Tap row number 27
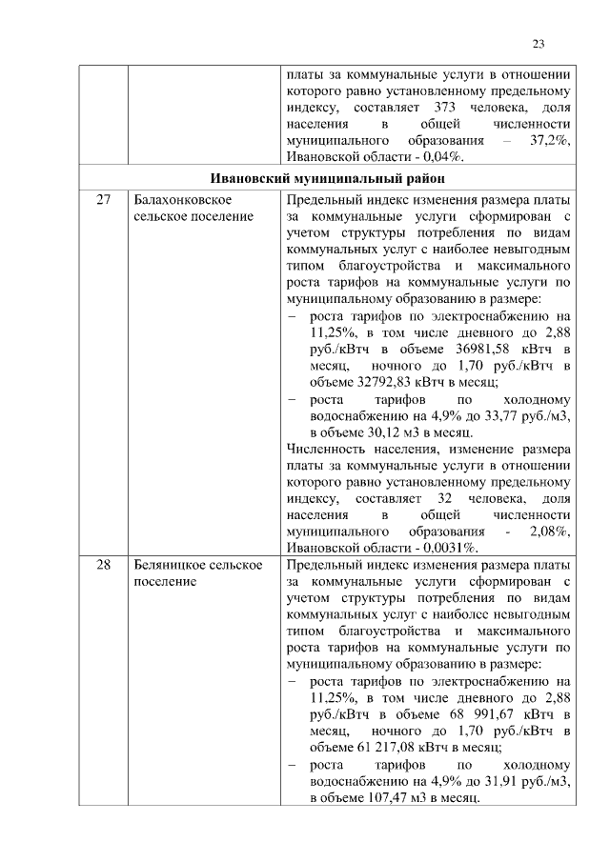pyautogui.click(x=104, y=201)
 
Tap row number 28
pyautogui.click(x=104, y=566)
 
